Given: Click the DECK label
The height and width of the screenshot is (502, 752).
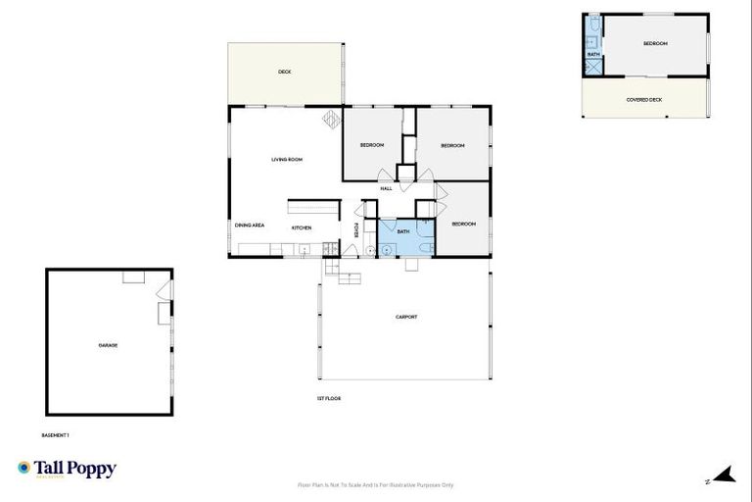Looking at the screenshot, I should (x=285, y=72).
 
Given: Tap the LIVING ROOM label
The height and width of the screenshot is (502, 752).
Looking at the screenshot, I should (x=287, y=159).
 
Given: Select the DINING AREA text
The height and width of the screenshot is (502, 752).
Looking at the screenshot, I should (x=250, y=226).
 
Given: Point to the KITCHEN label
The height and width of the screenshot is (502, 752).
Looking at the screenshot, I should (x=302, y=228).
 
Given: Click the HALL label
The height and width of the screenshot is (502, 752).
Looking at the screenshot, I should (x=386, y=188).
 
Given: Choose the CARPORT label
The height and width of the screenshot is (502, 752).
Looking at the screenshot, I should (x=406, y=317).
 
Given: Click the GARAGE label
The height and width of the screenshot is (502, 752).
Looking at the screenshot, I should (x=108, y=345).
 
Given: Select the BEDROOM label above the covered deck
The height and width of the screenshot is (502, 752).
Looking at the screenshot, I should (x=655, y=44).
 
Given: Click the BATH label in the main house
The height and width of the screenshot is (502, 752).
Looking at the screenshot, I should (x=403, y=231).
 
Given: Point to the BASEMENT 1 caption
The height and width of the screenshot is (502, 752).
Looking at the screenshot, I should (x=55, y=434).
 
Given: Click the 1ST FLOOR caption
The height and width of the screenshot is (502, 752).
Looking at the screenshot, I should (x=328, y=398).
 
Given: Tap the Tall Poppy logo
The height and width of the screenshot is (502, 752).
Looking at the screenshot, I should (x=67, y=469).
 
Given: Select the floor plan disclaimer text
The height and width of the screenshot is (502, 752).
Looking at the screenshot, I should (x=376, y=484).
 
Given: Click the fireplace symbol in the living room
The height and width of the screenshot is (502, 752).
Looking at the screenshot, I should (x=331, y=119).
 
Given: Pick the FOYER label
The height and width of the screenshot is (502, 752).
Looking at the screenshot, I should (x=355, y=230).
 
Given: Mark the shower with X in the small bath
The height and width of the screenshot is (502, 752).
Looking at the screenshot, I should (x=592, y=68).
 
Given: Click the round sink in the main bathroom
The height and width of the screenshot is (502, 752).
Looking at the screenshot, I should (x=387, y=249).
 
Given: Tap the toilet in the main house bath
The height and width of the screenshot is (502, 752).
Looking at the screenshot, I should (x=411, y=262).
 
